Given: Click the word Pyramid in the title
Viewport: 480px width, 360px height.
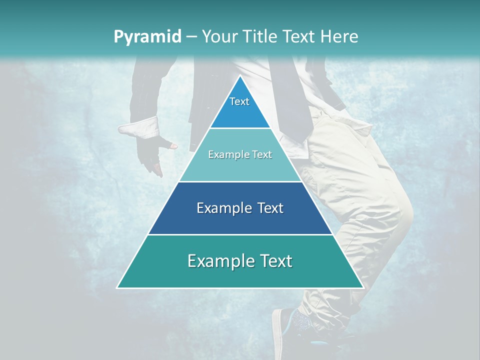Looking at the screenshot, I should [147, 36].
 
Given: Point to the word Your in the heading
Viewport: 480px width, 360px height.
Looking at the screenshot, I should [219, 36].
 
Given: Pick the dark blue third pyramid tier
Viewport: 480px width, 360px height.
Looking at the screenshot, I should [240, 220].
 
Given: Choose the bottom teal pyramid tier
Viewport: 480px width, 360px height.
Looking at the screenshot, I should [240, 272].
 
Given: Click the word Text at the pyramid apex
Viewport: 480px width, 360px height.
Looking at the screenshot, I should [239, 101].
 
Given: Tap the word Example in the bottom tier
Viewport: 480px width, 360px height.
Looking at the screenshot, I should [217, 261].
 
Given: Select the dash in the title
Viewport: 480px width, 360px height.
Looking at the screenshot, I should [191, 36].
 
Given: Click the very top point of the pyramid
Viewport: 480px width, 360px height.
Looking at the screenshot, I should [240, 76].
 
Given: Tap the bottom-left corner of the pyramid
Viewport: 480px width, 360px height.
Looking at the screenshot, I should [117, 287].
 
